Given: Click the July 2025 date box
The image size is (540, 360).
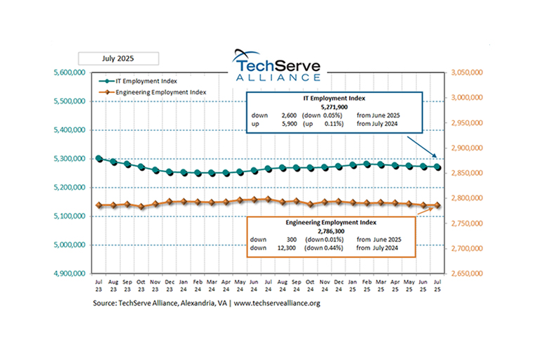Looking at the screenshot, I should pos(118,59).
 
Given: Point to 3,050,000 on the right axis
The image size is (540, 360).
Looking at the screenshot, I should pos(470,72).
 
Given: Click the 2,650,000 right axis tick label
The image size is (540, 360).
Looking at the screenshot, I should pos(470,274).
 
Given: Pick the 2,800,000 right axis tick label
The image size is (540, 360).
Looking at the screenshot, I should pos(470,198).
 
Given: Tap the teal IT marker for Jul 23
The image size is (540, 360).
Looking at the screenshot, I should pos(99,159).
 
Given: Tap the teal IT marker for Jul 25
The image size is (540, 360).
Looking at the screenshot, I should pos(437,167).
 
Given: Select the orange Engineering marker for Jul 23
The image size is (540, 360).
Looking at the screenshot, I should pos(99,205).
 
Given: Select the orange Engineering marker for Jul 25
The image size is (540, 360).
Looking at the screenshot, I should pos(437,205).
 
